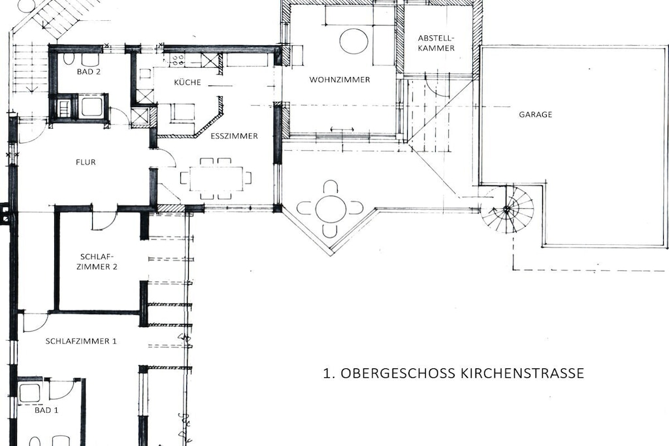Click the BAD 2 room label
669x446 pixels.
tap(89, 72)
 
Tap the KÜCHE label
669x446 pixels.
tap(188, 82)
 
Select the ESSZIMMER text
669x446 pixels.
tap(235, 136)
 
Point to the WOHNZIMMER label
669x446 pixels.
tap(340, 80)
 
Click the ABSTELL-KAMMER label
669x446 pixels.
tap(436, 43)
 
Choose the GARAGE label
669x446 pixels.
tap(536, 114)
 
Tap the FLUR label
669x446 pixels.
tap(86, 162)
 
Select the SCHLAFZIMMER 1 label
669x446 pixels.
tap(81, 341)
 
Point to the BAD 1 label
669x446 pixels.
tap(46, 410)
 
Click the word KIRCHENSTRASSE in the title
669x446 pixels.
tap(522, 373)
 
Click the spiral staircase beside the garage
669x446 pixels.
tap(507, 209)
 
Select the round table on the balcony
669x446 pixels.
tap(330, 208)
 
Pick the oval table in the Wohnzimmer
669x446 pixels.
tap(353, 41)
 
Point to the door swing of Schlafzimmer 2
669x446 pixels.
tap(105, 219)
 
